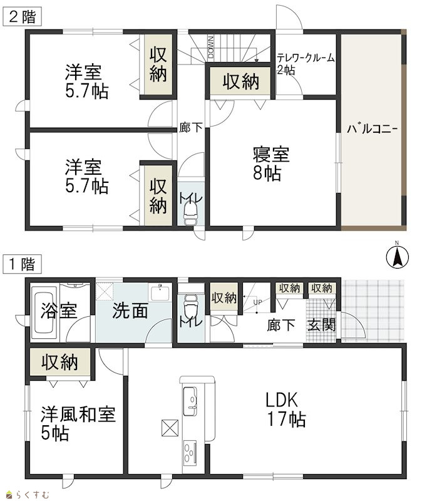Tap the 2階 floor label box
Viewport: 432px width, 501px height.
(x=23, y=17)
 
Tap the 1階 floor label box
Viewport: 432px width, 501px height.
(x=22, y=264)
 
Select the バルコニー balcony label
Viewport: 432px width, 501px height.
(x=373, y=129)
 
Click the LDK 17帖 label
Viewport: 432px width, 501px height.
(x=286, y=410)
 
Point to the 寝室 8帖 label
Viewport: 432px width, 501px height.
(x=271, y=164)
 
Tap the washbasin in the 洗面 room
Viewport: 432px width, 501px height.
(x=160, y=292)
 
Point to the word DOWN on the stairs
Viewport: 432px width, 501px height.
(x=211, y=46)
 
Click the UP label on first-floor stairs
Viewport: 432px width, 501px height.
(x=257, y=302)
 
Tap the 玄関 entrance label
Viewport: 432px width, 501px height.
(x=321, y=325)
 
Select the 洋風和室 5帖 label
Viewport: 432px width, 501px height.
(x=78, y=424)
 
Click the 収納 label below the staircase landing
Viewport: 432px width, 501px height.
(x=240, y=82)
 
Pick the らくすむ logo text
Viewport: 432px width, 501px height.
(x=28, y=495)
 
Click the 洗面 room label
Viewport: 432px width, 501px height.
(x=130, y=310)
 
